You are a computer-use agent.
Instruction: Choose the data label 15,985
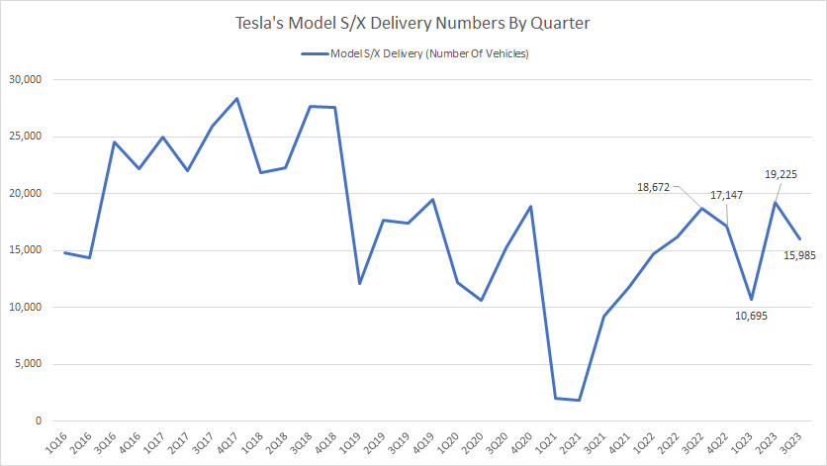799,255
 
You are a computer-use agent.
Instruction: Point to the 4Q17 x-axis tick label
235,442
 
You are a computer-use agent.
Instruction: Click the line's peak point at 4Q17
236,98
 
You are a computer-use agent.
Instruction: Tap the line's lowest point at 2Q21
580,400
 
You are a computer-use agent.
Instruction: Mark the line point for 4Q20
531,207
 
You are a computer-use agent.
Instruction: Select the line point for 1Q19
359,283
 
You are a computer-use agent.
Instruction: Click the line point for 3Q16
114,141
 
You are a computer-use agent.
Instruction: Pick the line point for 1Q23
751,299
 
